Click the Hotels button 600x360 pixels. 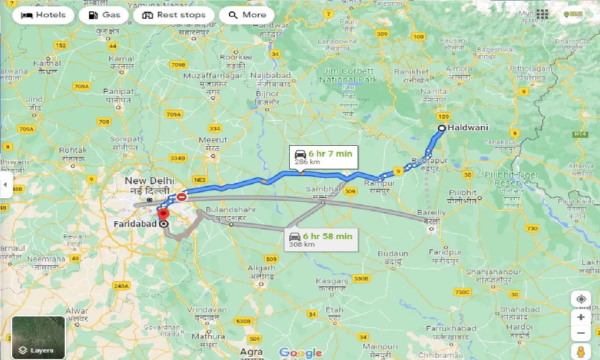pyautogui.click(x=43, y=15)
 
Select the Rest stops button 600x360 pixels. pyautogui.click(x=173, y=15)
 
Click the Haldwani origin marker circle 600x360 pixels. pyautogui.click(x=442, y=128)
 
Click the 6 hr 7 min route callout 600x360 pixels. pyautogui.click(x=323, y=157)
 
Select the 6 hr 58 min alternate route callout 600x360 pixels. pyautogui.click(x=321, y=240)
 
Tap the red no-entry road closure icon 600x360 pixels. pyautogui.click(x=181, y=197)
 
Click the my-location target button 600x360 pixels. pyautogui.click(x=581, y=299)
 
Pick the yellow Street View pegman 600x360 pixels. pyautogui.click(x=581, y=351)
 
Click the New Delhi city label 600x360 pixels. pyautogui.click(x=150, y=181)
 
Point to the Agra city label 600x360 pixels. pyautogui.click(x=251, y=352)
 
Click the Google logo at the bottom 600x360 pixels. pyautogui.click(x=300, y=353)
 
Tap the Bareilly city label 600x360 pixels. pyautogui.click(x=431, y=213)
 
